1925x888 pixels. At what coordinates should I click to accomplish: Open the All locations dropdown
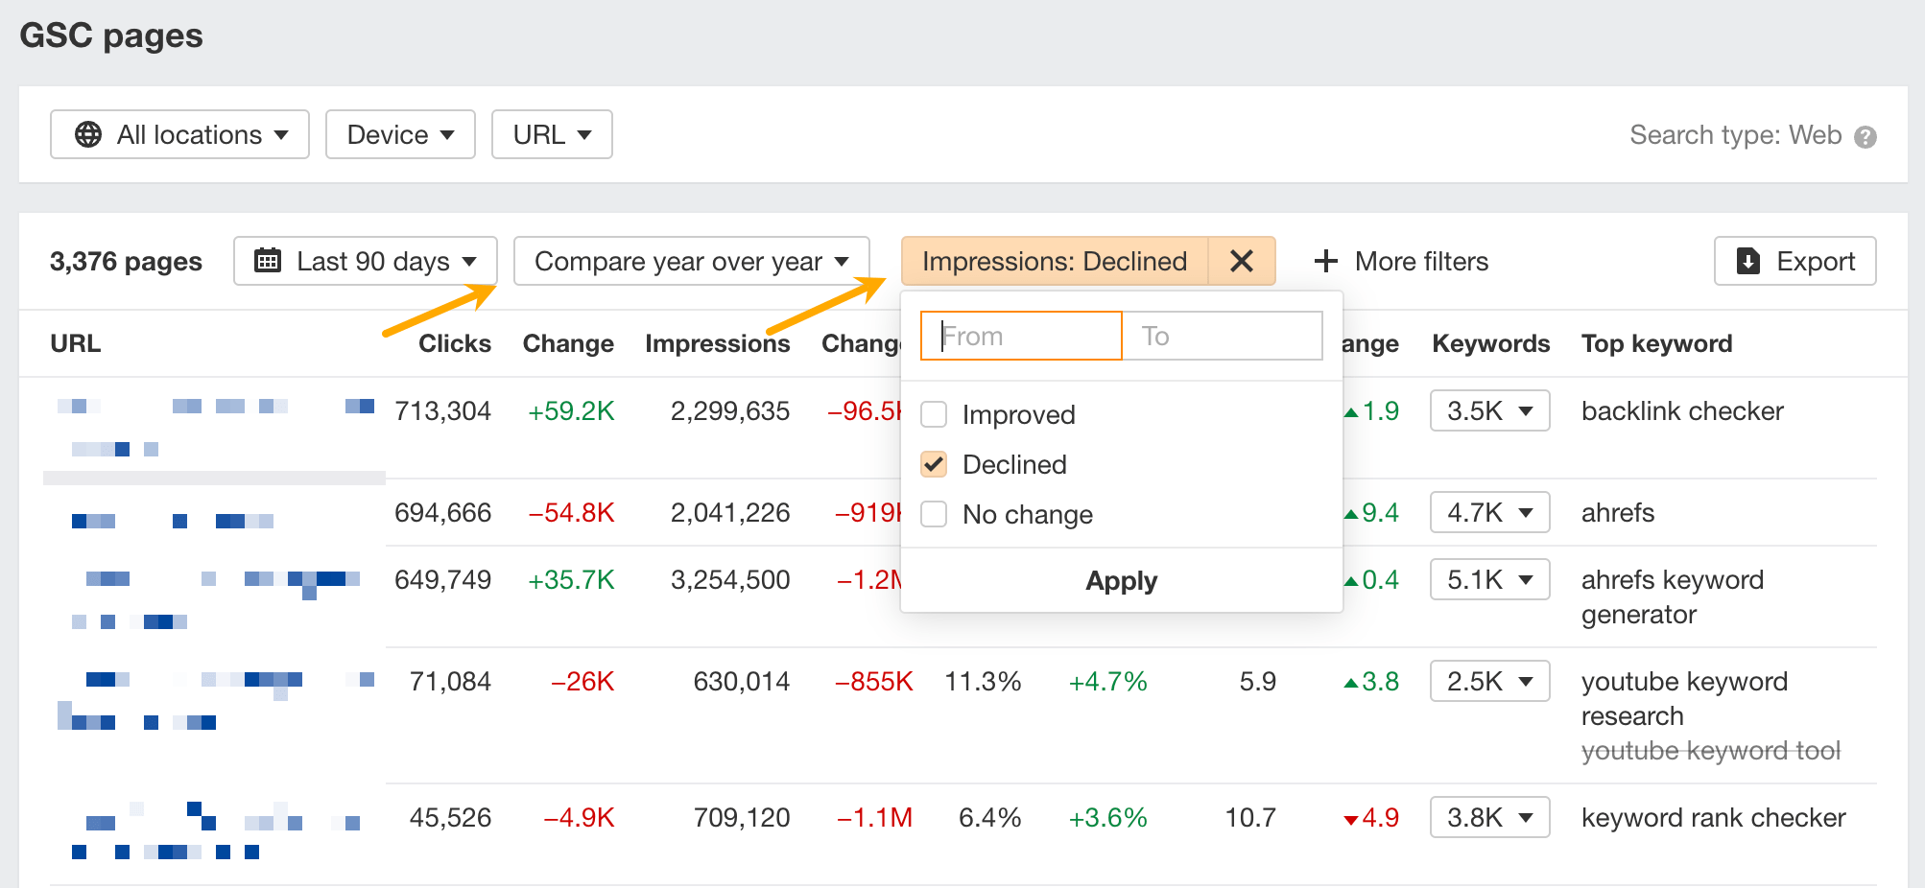point(179,134)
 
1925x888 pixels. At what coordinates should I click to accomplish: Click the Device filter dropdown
point(400,134)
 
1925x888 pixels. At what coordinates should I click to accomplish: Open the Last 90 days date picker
point(365,261)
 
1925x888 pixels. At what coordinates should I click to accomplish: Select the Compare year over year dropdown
point(691,261)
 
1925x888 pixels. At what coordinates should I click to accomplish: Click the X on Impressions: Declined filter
point(1242,261)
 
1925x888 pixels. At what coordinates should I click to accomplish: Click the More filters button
point(1402,261)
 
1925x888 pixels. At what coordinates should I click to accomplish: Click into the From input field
point(1021,336)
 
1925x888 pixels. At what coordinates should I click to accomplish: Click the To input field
point(1222,336)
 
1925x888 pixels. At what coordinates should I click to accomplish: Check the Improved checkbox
point(934,414)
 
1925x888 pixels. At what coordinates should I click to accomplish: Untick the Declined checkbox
point(934,464)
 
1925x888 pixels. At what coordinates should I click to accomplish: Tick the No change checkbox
point(934,514)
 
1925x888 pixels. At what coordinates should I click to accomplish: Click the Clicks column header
point(454,343)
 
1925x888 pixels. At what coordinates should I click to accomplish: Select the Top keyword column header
point(1656,343)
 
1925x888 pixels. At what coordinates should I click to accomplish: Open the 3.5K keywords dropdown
point(1489,410)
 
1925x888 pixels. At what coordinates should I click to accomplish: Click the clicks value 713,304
point(442,410)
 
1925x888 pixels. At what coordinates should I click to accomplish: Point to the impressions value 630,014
point(741,681)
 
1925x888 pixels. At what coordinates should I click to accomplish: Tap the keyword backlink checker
point(1682,410)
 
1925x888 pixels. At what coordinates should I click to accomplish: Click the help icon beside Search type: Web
point(1866,136)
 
